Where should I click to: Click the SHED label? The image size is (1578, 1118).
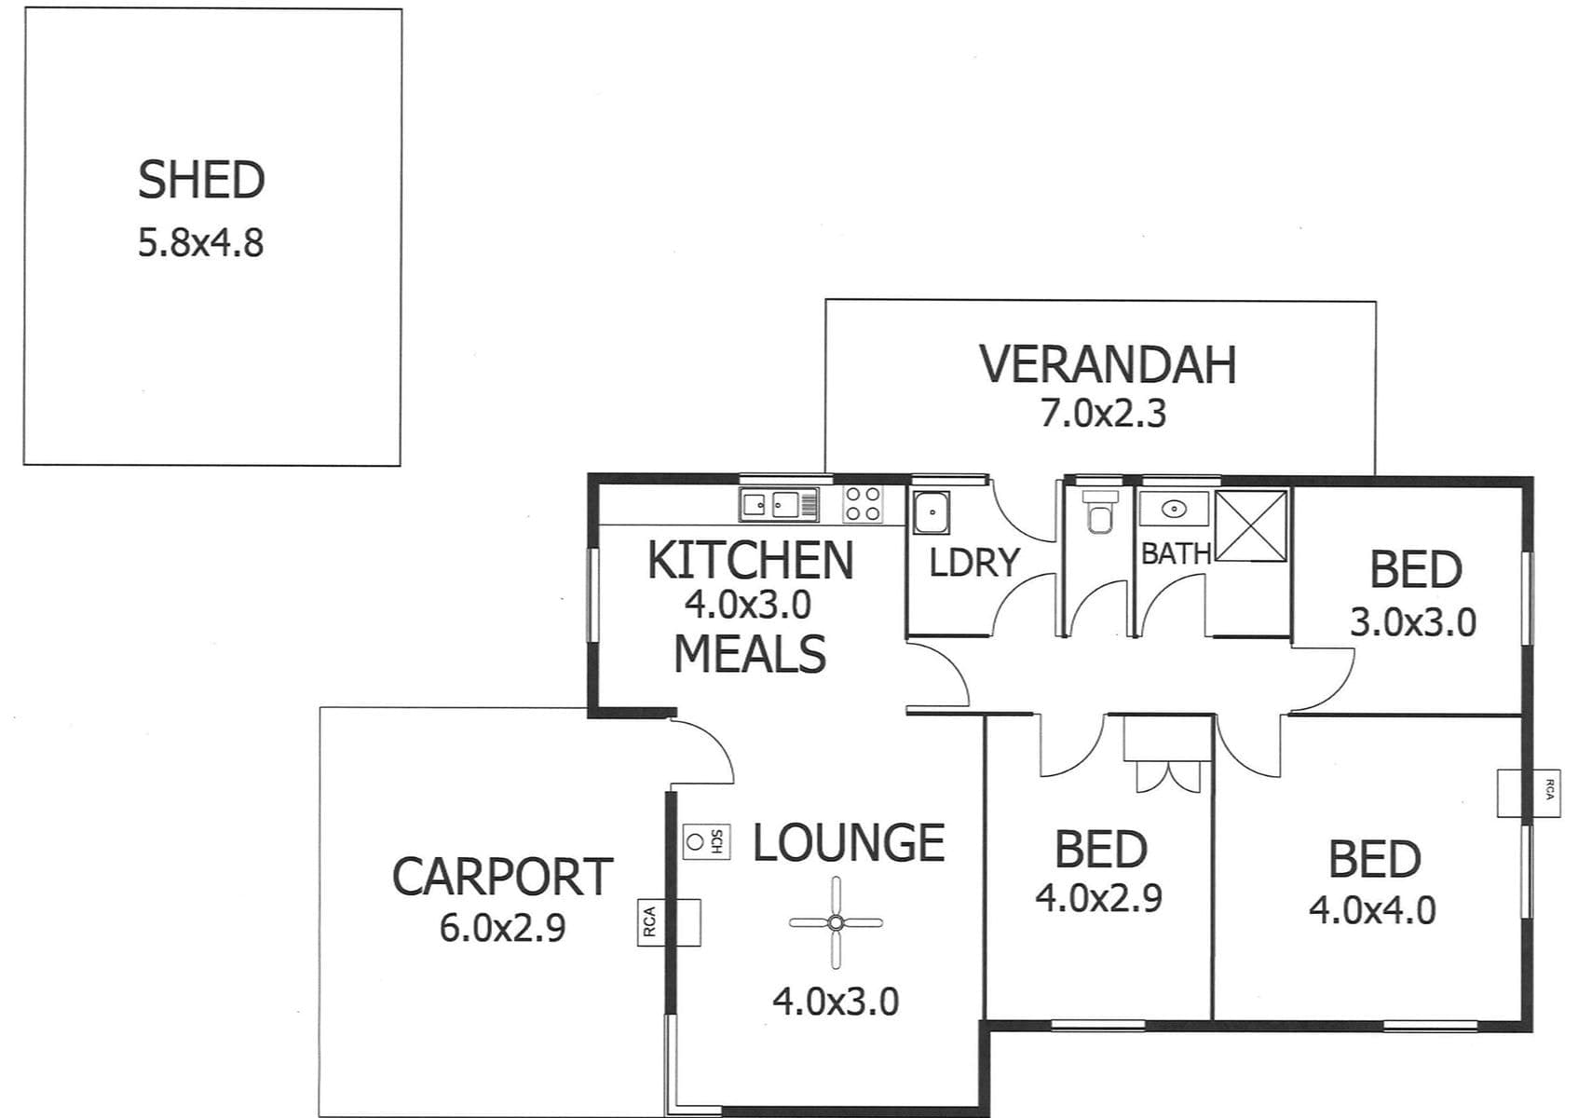point(201,181)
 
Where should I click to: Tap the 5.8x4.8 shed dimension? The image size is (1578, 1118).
point(201,244)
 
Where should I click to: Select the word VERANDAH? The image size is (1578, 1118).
point(1109,365)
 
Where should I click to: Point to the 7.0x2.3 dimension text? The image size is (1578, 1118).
point(1103,415)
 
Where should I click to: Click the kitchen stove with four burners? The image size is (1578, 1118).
point(863,504)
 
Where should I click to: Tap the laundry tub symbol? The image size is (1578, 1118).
point(932,512)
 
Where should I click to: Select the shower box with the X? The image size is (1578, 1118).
point(1252,526)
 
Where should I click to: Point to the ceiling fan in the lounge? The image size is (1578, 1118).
point(836,922)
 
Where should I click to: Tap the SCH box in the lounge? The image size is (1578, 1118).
point(707,841)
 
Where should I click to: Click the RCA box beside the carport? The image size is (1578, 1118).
point(669,922)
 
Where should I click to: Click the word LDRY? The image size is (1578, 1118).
point(974,563)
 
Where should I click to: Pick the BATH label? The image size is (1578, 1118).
point(1176,554)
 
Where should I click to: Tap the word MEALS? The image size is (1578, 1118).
point(750,654)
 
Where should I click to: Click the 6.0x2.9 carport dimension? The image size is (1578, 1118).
point(502,928)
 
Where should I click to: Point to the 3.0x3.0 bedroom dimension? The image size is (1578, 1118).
point(1413,622)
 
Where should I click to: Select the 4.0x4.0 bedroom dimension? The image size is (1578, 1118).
point(1372,910)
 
